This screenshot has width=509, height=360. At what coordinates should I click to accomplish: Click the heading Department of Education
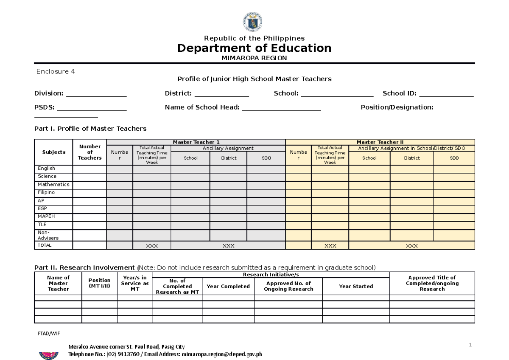pos(254,48)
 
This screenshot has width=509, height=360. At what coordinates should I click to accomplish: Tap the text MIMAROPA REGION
pos(255,58)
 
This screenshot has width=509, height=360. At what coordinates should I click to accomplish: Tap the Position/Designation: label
pos(397,107)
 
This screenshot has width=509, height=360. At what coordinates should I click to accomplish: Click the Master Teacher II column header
pos(380,142)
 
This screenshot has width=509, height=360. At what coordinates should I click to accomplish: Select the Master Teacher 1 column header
pos(196,142)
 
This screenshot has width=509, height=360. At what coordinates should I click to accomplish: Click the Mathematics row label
pos(53,185)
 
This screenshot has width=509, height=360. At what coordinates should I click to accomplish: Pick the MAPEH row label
pos(46,216)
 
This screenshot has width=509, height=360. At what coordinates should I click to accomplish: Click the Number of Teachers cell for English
pos(89,169)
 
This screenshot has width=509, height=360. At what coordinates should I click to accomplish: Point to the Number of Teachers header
pos(89,152)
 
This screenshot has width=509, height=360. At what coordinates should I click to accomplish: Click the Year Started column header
pos(355,286)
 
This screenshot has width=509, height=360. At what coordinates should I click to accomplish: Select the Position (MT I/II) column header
pos(99,283)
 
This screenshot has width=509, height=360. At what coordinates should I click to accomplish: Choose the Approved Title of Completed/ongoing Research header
pos(432,283)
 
